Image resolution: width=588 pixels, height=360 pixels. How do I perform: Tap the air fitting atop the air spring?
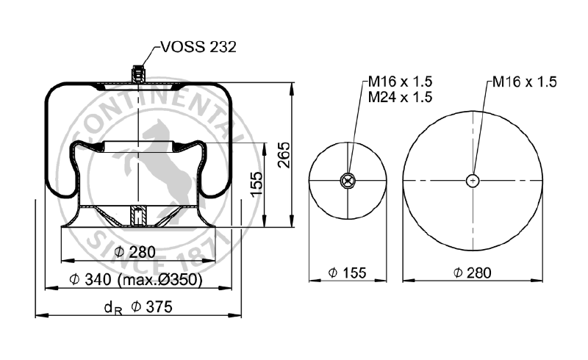coord(137,75)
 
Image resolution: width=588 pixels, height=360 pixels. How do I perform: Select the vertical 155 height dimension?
coord(257,181)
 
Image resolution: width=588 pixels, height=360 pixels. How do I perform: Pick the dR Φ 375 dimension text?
coord(138,308)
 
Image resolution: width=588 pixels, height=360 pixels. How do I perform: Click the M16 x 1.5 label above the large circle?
coord(525,82)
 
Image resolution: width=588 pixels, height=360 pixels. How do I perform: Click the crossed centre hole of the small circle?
coord(348,180)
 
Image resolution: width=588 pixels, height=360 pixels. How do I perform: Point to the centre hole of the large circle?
coord(473,180)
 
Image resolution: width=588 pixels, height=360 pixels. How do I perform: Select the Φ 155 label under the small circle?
coord(348,273)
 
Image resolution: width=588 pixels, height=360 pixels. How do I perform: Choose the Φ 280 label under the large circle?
coord(473,273)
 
